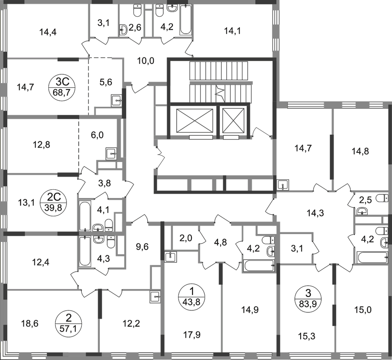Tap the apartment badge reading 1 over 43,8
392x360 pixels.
pyautogui.click(x=192, y=297)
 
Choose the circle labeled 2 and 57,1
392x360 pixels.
pyautogui.click(x=68, y=323)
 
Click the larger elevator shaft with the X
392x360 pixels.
pyautogui.click(x=194, y=120)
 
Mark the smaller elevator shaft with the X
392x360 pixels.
pyautogui.click(x=233, y=120)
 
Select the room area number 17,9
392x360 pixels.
pyautogui.click(x=192, y=335)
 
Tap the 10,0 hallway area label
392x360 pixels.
pyautogui.click(x=146, y=61)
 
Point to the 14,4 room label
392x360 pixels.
pyautogui.click(x=48, y=32)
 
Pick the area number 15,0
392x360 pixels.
pyautogui.click(x=363, y=310)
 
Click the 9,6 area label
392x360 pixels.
pyautogui.click(x=142, y=247)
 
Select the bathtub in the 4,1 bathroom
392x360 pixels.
pyautogui.click(x=85, y=216)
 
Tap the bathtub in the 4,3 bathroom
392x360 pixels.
pyautogui.click(x=85, y=251)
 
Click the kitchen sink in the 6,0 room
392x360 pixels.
pyautogui.click(x=111, y=154)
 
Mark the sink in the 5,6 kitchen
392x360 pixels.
pyautogui.click(x=116, y=101)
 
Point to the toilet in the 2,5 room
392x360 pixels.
pyautogui.click(x=382, y=198)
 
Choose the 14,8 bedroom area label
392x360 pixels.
pyautogui.click(x=360, y=151)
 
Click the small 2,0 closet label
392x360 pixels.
pyautogui.click(x=186, y=238)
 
